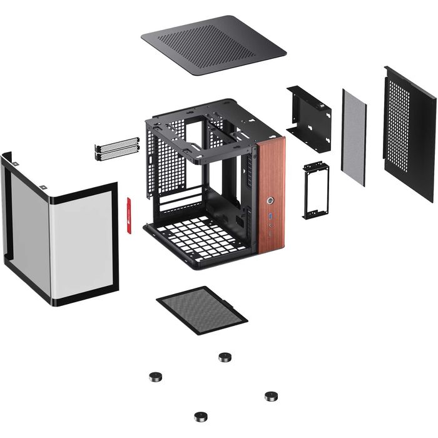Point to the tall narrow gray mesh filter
[x=354, y=138]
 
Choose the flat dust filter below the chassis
[x=201, y=310]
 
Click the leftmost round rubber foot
[x=154, y=377]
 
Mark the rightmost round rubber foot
[x=271, y=396]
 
